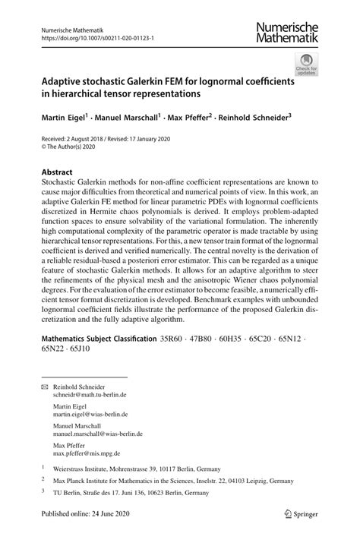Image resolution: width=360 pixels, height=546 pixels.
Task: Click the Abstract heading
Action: (x=57, y=172)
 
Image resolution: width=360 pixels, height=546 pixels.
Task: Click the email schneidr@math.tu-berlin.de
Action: (x=89, y=396)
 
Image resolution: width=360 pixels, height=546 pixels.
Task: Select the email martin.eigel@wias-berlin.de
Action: (x=90, y=415)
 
